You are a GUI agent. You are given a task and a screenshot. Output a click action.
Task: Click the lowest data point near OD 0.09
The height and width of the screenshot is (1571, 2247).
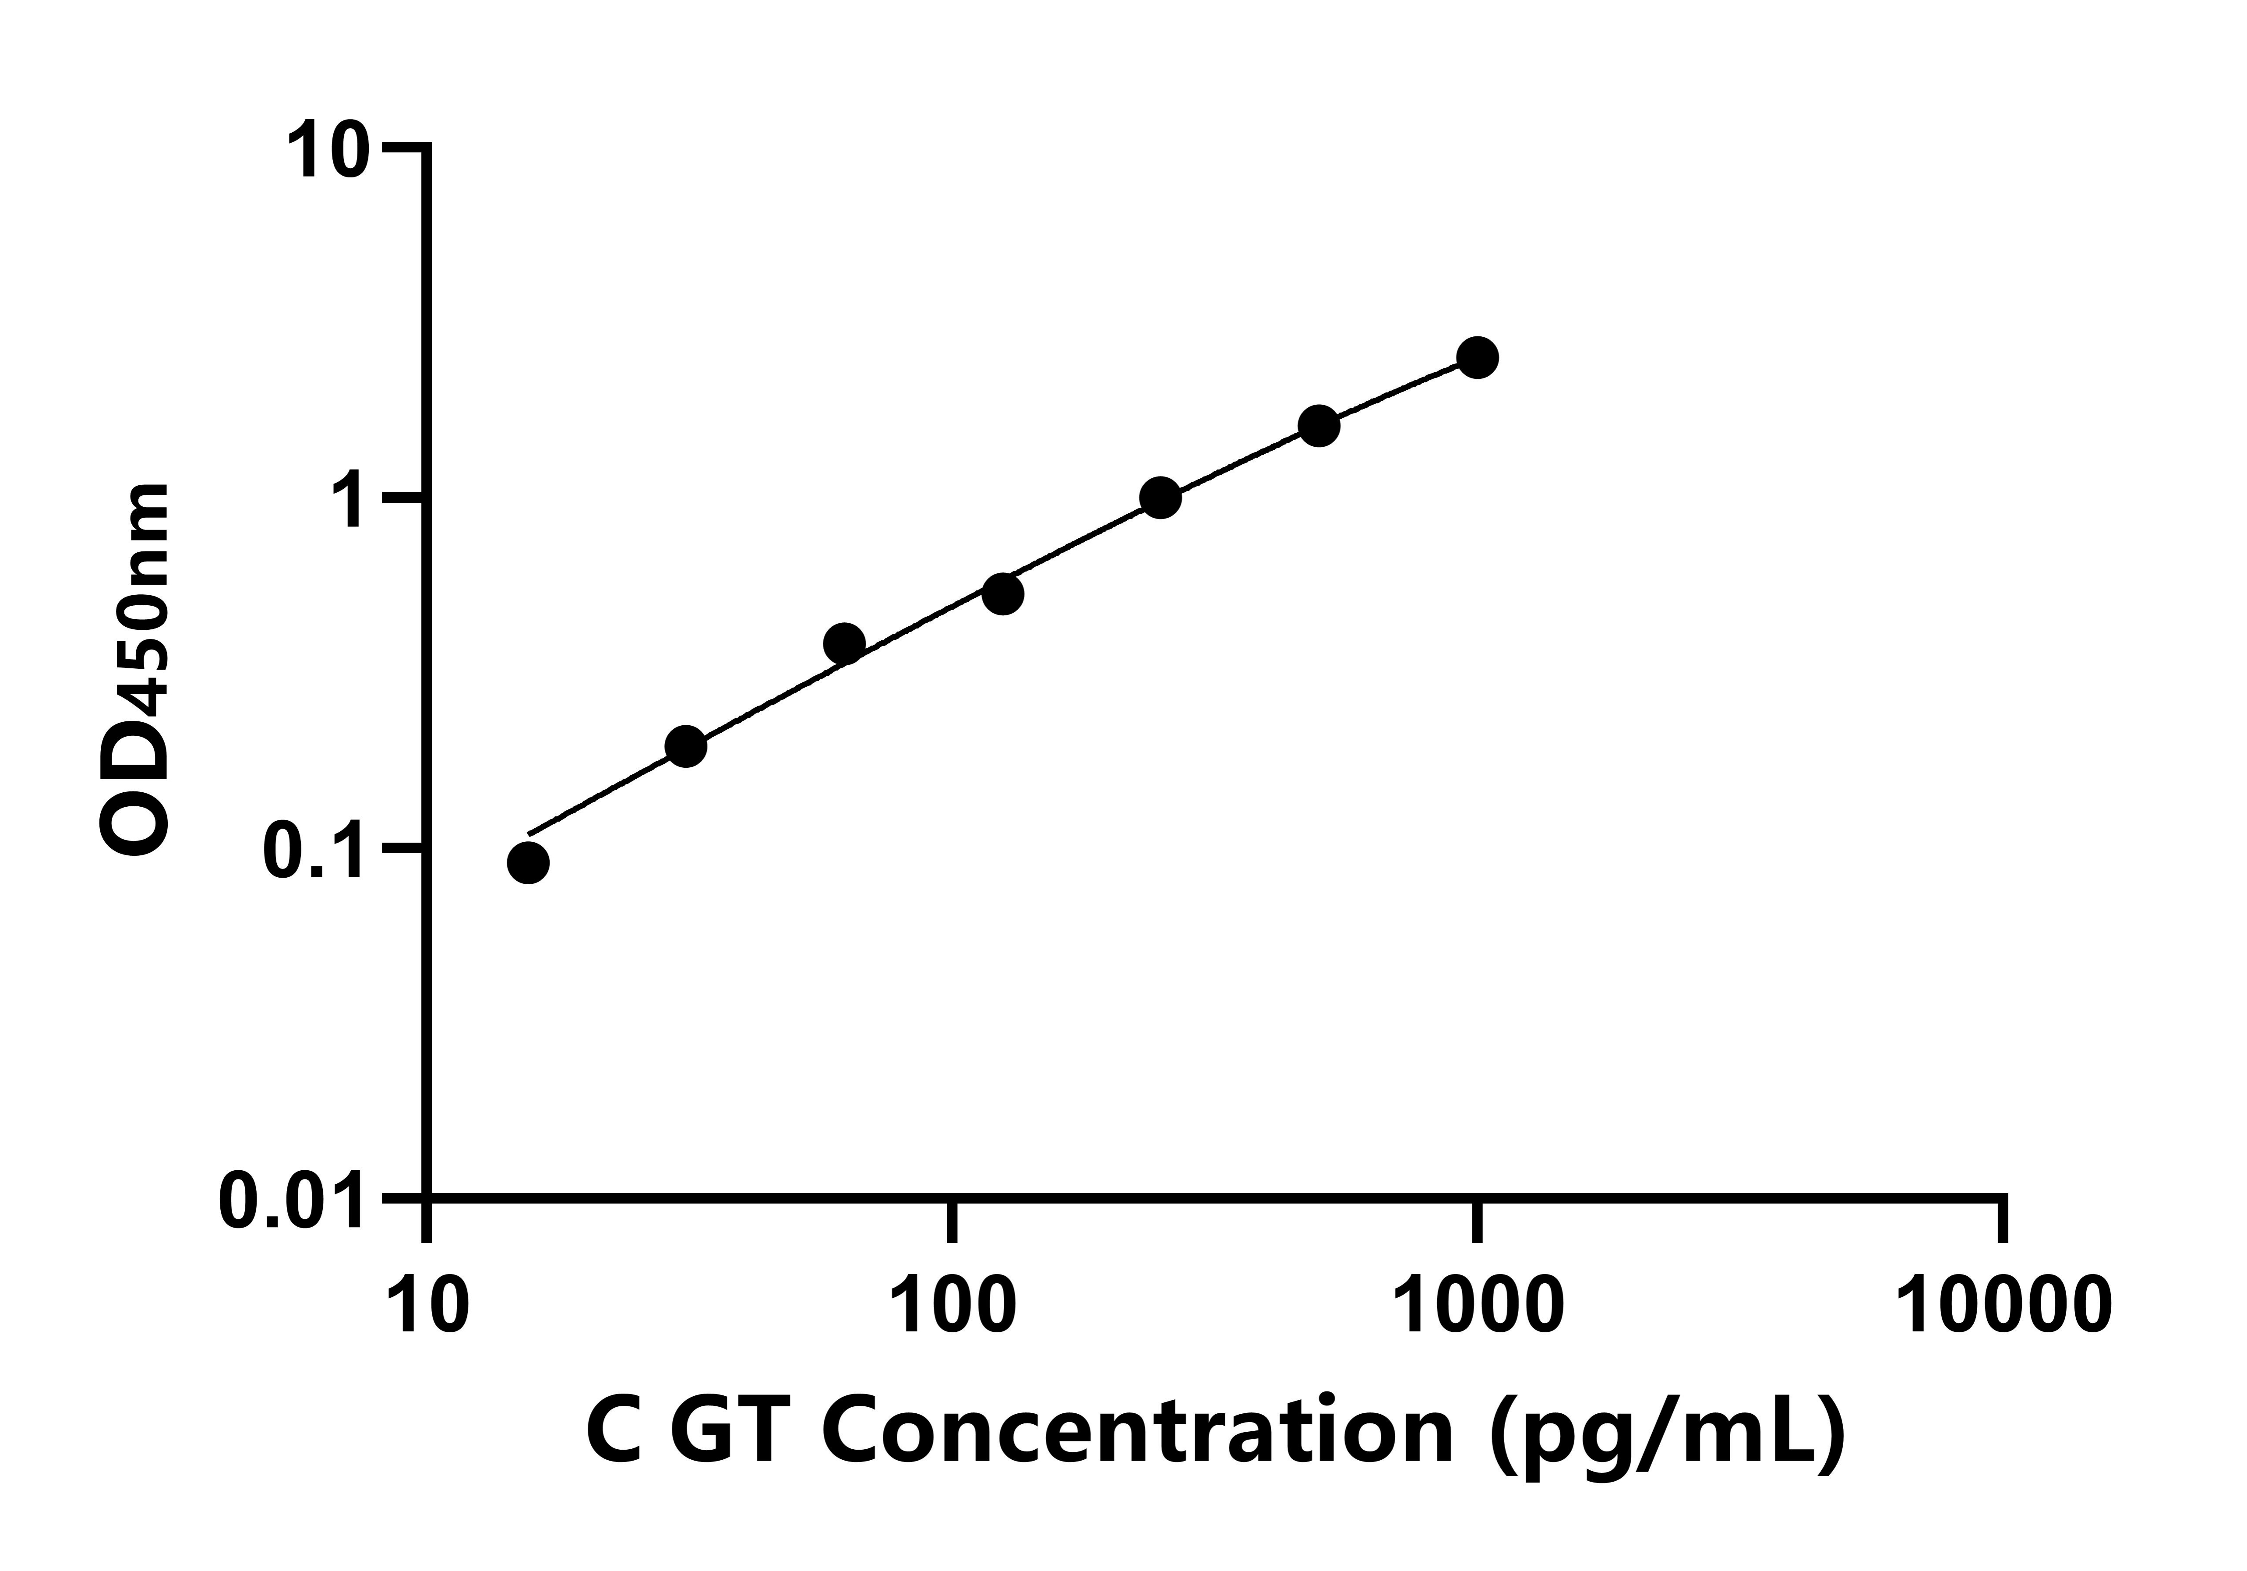(529, 862)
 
